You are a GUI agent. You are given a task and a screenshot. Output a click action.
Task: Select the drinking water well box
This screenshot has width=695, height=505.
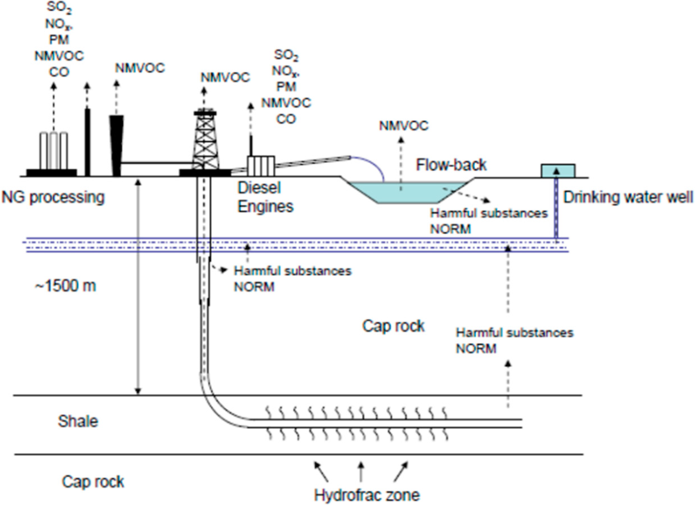[x=558, y=171]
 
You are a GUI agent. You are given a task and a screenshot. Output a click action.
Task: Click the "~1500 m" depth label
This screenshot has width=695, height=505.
[x=65, y=286]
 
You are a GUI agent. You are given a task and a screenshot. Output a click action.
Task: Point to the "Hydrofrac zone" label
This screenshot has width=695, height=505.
[x=367, y=495]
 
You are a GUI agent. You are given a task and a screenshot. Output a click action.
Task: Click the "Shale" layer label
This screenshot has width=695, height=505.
[x=78, y=421]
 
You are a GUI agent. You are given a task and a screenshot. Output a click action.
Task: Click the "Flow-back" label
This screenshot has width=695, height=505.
[x=451, y=165]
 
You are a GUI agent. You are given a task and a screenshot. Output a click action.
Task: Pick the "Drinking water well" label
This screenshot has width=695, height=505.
[x=628, y=197]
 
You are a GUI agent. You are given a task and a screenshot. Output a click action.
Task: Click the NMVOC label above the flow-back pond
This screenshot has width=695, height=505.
[x=404, y=126]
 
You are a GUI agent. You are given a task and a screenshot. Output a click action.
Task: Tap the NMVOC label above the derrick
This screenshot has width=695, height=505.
[x=225, y=77]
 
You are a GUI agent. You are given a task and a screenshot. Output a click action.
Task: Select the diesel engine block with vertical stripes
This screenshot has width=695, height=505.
[x=261, y=166]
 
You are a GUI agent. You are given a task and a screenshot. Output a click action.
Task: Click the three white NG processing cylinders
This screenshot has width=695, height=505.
[x=54, y=151]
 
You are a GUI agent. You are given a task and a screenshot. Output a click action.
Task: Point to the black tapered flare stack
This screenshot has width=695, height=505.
[x=117, y=146]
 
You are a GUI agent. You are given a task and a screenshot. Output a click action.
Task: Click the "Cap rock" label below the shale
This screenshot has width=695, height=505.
[x=93, y=481]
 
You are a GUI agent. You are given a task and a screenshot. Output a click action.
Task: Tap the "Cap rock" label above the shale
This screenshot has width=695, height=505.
[x=394, y=326]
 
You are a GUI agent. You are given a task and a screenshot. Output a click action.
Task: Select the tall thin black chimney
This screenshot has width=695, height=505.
[x=88, y=143]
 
